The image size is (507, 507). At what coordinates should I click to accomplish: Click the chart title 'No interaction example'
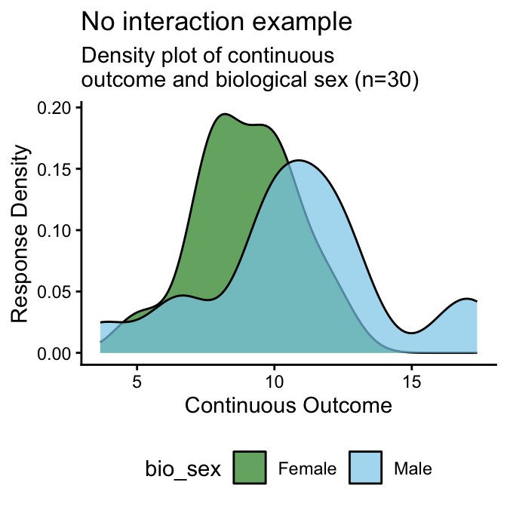pos(217,22)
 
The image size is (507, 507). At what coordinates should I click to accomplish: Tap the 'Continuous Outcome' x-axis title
pos(288,406)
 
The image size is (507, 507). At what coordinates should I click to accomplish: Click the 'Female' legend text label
pos(307,469)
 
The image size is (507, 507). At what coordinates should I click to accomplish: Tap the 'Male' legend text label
pos(413,469)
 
